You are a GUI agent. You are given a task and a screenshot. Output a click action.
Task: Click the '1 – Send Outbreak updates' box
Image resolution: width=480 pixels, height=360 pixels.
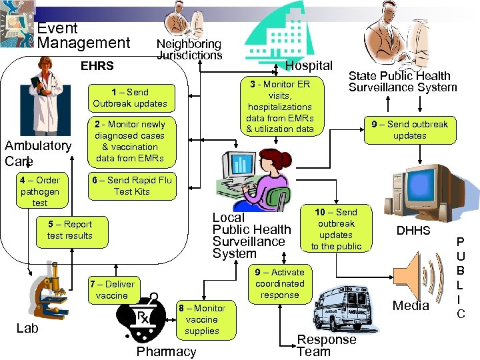(130, 97)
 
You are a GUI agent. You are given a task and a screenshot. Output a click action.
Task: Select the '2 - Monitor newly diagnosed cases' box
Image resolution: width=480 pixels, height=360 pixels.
(130, 141)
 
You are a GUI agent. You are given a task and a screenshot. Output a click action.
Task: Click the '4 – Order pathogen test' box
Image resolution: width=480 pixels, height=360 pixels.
(40, 191)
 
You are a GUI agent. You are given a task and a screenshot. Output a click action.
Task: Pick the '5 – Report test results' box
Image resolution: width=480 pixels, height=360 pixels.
(69, 230)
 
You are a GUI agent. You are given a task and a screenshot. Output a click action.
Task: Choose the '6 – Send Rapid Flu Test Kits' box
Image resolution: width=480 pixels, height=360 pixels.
(132, 185)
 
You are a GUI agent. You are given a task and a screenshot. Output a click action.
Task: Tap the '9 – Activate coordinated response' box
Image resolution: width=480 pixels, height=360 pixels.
(280, 283)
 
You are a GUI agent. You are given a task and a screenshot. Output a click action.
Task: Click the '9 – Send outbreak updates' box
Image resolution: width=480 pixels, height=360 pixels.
(409, 129)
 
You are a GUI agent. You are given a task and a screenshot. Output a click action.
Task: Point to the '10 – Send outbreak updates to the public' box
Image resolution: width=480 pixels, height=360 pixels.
(336, 229)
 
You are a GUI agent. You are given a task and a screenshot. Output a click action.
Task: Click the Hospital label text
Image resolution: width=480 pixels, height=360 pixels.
(309, 65)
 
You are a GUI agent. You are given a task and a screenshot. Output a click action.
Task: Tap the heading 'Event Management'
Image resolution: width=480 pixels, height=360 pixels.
(83, 36)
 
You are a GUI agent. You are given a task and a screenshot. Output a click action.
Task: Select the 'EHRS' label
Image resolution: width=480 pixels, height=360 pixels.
(97, 66)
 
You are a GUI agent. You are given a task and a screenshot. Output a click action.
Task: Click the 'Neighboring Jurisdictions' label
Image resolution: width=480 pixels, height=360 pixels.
(189, 49)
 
